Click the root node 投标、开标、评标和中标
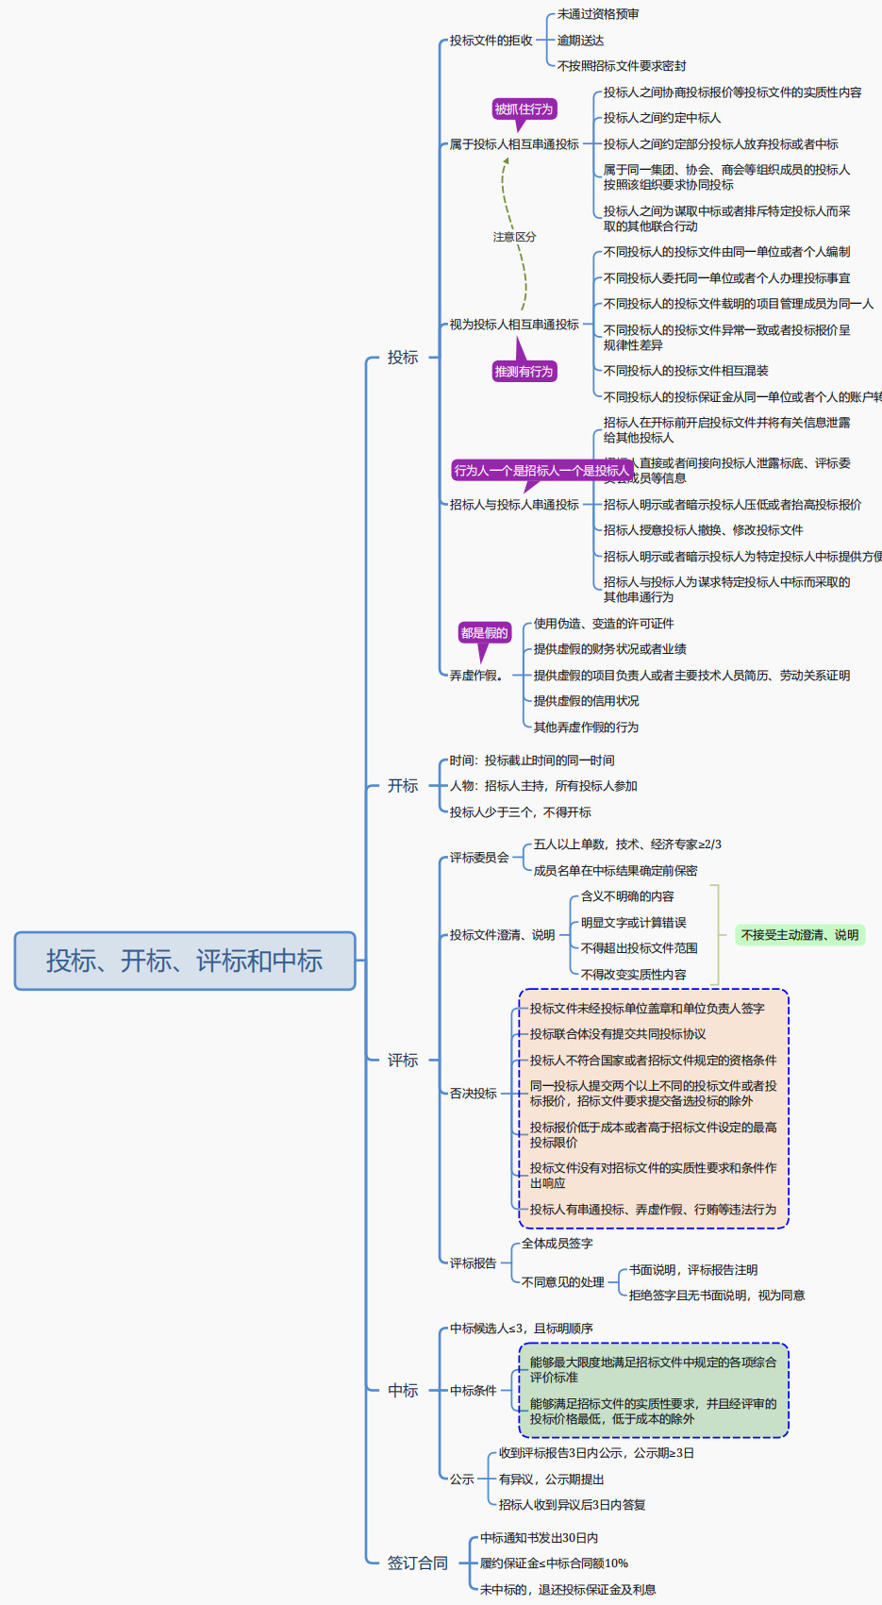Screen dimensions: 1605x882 [185, 961]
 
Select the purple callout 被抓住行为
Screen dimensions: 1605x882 [524, 109]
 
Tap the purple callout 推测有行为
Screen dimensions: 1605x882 [524, 372]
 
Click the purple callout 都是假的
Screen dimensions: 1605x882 [484, 633]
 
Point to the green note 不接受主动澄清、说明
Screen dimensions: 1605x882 [800, 935]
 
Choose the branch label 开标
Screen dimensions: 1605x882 [403, 786]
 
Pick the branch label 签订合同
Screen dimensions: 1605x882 [418, 1563]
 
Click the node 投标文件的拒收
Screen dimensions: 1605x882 [491, 41]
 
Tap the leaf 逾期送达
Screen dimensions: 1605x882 [580, 41]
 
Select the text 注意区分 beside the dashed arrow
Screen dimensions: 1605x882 [514, 237]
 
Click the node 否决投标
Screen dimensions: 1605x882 [474, 1094]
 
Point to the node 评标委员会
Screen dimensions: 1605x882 [479, 858]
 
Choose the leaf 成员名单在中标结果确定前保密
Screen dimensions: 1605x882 [615, 871]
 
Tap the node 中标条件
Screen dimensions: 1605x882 [474, 1391]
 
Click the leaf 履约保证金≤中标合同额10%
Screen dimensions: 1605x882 [554, 1563]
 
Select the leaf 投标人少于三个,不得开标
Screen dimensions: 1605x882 [521, 812]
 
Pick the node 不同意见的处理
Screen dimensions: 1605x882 [563, 1282]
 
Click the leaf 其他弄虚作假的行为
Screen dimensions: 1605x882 [586, 727]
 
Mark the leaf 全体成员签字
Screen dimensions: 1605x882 [557, 1244]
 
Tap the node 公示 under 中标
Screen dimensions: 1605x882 [462, 1480]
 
